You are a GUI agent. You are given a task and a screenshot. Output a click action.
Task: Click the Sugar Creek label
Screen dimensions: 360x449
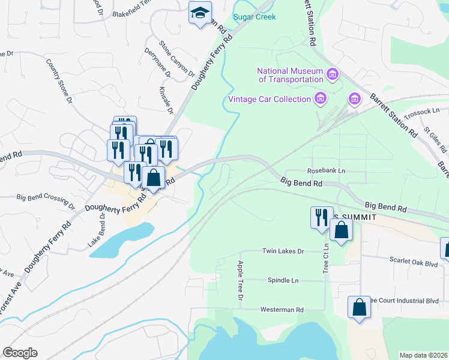tap(255, 17)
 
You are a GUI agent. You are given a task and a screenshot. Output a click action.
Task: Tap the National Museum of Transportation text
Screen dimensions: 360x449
tap(291, 75)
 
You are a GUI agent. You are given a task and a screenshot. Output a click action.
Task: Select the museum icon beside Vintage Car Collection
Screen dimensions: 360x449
tap(321, 98)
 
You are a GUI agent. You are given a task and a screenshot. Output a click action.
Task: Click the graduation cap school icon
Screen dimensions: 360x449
tap(200, 13)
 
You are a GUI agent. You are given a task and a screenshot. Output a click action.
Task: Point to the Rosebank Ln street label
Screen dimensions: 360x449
tap(326, 171)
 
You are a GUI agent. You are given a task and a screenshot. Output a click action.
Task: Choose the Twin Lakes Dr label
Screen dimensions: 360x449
tap(283, 251)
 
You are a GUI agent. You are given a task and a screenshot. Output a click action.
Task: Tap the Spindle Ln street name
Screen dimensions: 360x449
tap(283, 280)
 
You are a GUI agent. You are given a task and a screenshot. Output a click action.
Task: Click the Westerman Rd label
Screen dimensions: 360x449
tap(282, 310)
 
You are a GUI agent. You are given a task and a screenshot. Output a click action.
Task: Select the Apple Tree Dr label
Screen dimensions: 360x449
tap(240, 281)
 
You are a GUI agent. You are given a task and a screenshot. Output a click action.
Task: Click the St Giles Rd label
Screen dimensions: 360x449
tap(431, 139)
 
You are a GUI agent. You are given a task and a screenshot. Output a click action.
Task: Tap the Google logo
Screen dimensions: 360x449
tap(20, 352)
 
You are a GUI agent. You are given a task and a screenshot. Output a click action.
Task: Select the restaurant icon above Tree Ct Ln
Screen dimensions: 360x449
tap(321, 217)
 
